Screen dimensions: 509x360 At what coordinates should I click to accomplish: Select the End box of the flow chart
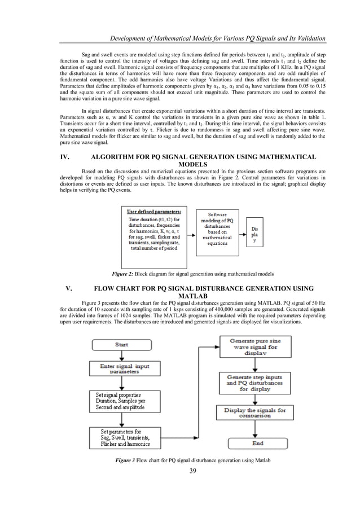[257, 443]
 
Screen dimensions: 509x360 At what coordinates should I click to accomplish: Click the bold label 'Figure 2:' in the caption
[122, 274]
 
